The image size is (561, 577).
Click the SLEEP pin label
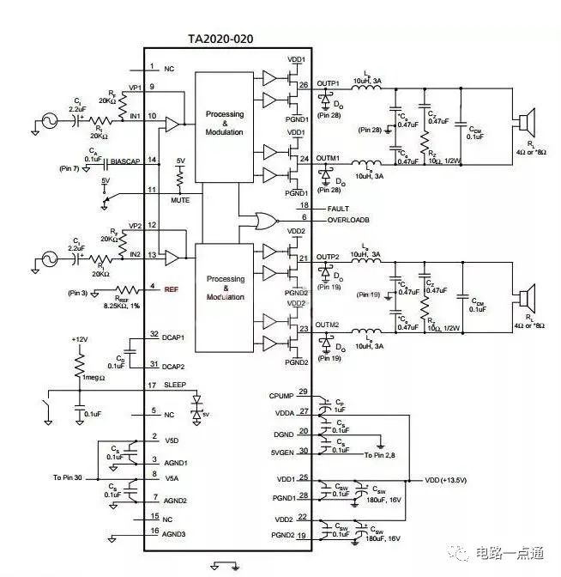(x=175, y=385)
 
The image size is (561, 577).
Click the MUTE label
(x=180, y=199)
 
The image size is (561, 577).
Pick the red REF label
(x=171, y=289)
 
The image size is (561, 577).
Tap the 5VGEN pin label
(x=282, y=452)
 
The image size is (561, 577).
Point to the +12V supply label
(x=81, y=339)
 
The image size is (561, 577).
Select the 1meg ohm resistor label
(x=91, y=377)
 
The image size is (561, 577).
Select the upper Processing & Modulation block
(x=225, y=123)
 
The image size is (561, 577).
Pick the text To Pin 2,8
(x=380, y=454)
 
